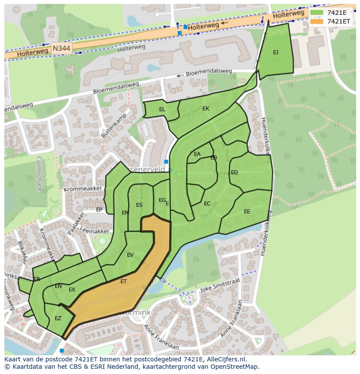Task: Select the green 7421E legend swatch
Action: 317,13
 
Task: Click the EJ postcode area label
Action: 276,53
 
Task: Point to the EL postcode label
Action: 162,109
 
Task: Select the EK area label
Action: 206,109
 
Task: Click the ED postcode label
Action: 234,172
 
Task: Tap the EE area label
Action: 247,212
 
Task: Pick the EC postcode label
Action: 207,203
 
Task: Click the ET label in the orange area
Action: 123,281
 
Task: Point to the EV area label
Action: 130,255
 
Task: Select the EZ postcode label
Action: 58,318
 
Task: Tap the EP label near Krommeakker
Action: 99,210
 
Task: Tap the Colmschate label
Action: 39,174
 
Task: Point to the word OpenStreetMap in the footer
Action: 235,367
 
